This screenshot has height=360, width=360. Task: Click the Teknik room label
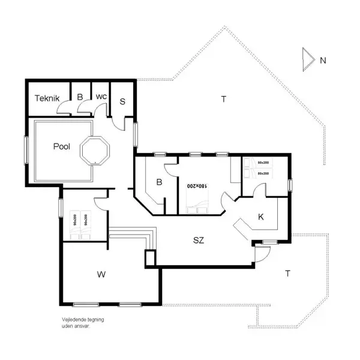point(46,98)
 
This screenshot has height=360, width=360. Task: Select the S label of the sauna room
point(122,101)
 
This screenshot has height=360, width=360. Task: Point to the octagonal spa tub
point(96,152)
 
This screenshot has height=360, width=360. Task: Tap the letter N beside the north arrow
point(323,60)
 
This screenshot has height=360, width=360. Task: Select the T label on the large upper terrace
point(223,99)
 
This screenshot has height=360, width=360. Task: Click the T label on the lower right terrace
point(288,274)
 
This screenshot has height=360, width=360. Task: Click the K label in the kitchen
point(261,217)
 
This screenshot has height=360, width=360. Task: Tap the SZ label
point(199,241)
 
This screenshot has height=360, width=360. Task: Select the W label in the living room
point(101,275)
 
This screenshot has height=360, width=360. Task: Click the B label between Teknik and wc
point(79,97)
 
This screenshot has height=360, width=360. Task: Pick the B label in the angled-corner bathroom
point(159,182)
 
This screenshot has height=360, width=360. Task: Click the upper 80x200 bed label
point(263,163)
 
